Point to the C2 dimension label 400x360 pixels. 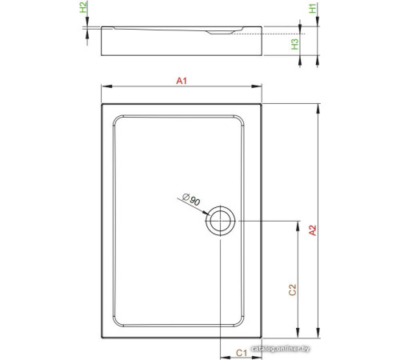pyautogui.click(x=292, y=290)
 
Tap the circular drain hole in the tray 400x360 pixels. pyautogui.click(x=220, y=222)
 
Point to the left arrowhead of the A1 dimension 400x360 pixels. pyautogui.click(x=104, y=87)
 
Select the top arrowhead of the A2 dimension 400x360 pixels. pyautogui.click(x=319, y=104)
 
